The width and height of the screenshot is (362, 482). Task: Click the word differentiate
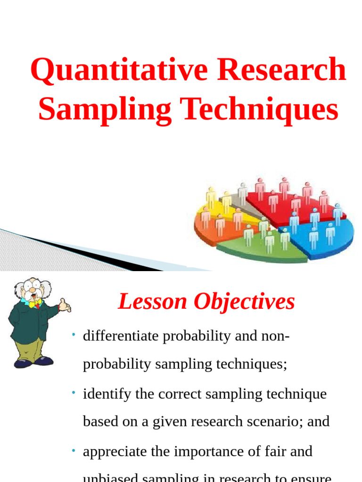point(123,336)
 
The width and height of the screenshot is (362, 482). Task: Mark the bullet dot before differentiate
point(74,335)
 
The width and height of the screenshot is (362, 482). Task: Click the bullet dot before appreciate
point(74,450)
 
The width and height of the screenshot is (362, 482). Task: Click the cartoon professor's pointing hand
point(65,305)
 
